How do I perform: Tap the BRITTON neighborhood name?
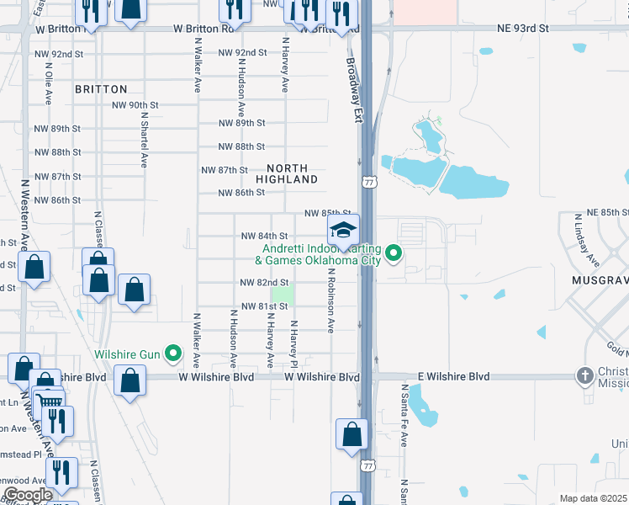101,89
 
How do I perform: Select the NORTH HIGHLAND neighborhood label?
287,174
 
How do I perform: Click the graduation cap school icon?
343,229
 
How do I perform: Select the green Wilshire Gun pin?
173,353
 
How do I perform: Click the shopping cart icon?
50,402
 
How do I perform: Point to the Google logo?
27,494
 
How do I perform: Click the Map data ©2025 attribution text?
593,498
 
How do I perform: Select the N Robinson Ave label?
332,301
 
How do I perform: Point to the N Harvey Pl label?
293,343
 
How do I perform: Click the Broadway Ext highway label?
354,84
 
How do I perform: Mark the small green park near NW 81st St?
284,295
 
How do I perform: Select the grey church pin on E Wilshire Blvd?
585,375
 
